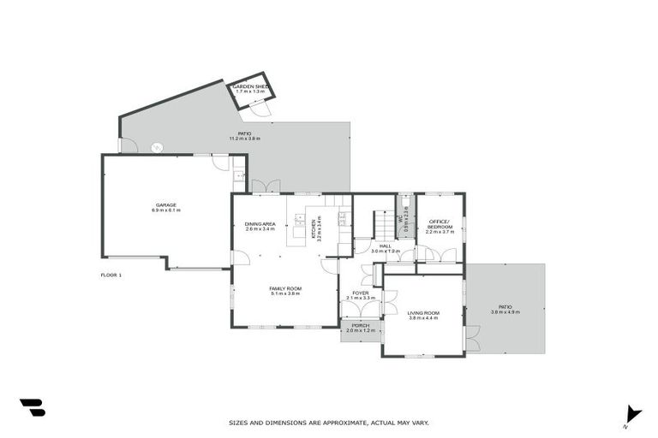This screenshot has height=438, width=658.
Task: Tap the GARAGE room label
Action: pos(165,205)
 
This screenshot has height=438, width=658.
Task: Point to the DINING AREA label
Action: pos(260,224)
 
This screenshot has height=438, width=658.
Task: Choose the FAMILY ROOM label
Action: pos(285,288)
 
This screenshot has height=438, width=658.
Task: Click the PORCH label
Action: pos(361,326)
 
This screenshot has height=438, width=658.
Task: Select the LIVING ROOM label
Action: pos(423,313)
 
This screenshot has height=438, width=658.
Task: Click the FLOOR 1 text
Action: pos(111,275)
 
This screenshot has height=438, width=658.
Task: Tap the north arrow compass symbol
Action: pos(632,413)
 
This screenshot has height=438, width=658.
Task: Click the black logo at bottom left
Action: pos(32,408)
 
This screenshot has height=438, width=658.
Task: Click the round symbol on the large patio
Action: pos(156,147)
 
